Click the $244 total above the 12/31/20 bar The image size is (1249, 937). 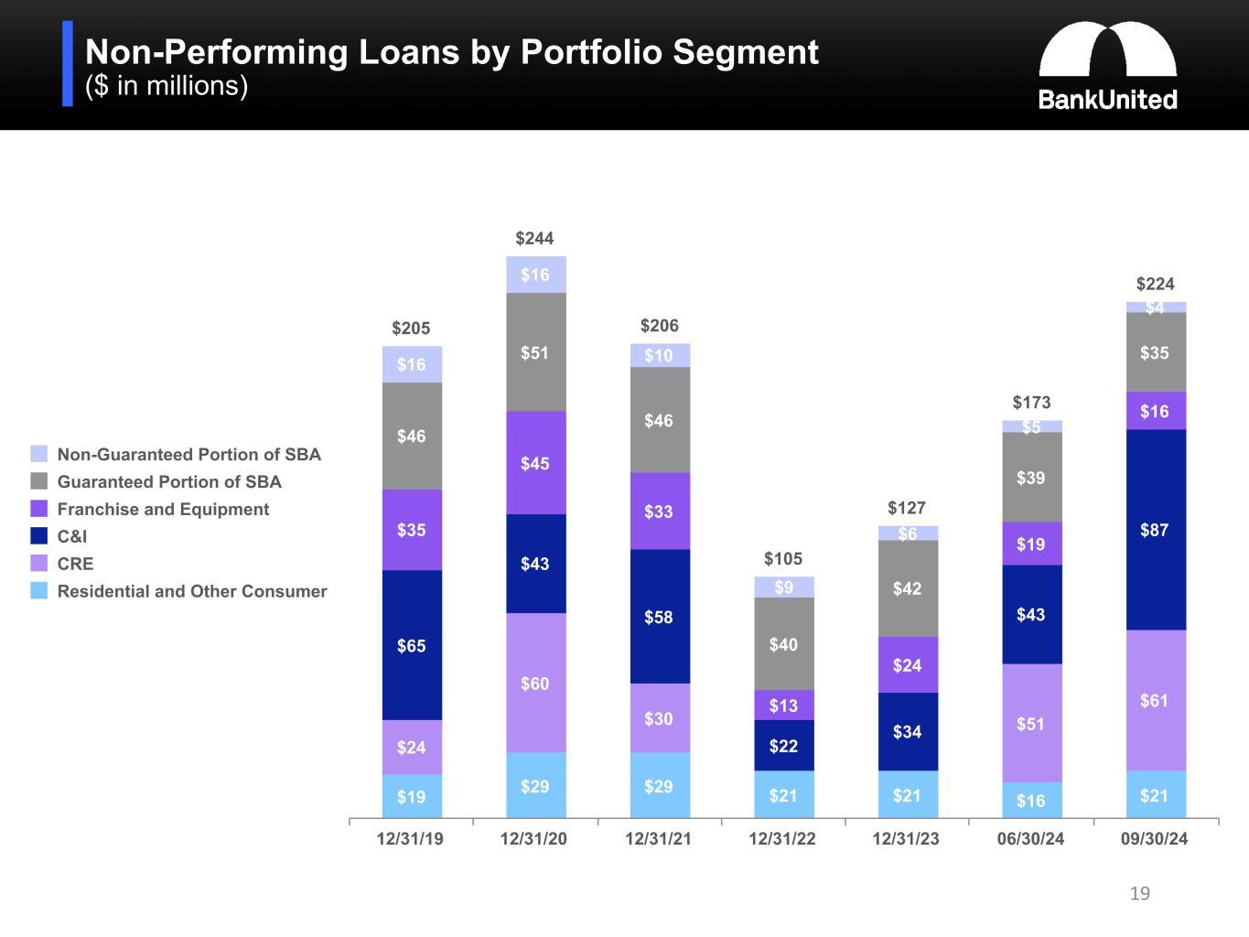pyautogui.click(x=534, y=239)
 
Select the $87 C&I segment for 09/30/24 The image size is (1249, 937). pyautogui.click(x=1155, y=529)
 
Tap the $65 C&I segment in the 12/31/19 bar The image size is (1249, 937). pyautogui.click(x=412, y=645)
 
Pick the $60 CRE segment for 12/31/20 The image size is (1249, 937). pyautogui.click(x=535, y=683)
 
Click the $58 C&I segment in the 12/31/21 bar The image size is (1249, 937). pyautogui.click(x=659, y=616)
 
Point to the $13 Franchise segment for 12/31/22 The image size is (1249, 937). pyautogui.click(x=783, y=705)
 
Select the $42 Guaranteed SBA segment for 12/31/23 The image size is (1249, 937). pyautogui.click(x=907, y=588)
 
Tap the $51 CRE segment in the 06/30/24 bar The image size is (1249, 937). pyautogui.click(x=1031, y=723)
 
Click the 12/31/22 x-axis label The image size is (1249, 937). pyautogui.click(x=782, y=839)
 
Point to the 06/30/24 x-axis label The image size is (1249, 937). pyautogui.click(x=1030, y=839)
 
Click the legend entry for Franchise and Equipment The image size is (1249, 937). pyautogui.click(x=163, y=510)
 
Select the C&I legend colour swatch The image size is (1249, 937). pyautogui.click(x=38, y=536)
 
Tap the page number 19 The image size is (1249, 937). pyautogui.click(x=1139, y=893)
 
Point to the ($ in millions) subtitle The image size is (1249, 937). pyautogui.click(x=167, y=86)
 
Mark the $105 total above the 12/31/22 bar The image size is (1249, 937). pyautogui.click(x=783, y=559)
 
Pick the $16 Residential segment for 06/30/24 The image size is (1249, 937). pyautogui.click(x=1031, y=801)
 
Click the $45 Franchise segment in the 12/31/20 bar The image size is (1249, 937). pyautogui.click(x=535, y=463)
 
